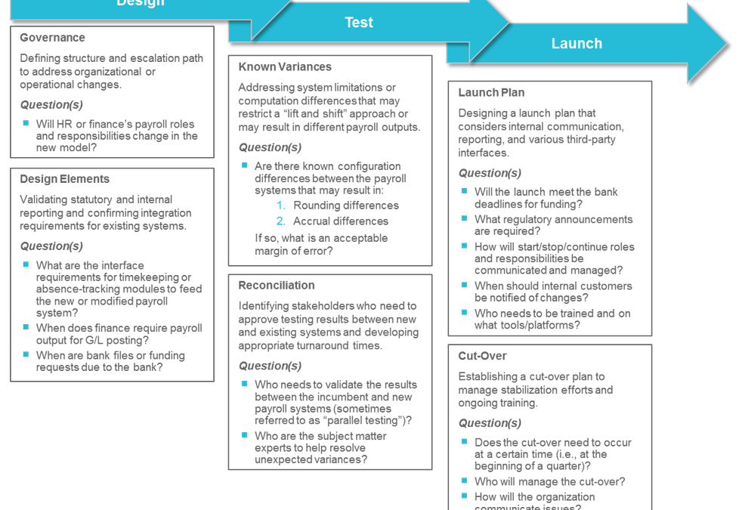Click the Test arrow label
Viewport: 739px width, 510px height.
coord(359,23)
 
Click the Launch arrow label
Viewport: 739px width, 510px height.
coord(577,44)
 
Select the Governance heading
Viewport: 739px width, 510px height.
coord(52,38)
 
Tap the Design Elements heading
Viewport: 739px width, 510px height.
coord(64,179)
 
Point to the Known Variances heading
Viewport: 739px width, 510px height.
coord(285,66)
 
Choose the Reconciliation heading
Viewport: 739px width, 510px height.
coord(277,286)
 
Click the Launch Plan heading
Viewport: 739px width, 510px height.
coord(491,93)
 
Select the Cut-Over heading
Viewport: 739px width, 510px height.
coord(482,356)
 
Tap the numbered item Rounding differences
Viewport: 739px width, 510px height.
coord(346,206)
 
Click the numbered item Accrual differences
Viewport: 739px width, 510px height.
coord(341,221)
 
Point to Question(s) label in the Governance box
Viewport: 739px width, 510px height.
coord(51,105)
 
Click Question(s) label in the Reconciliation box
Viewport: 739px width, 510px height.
coord(270,366)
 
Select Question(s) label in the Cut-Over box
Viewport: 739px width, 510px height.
coord(489,423)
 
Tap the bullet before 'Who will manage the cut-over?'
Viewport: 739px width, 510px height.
coord(465,481)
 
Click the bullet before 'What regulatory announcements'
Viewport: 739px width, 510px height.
coord(465,218)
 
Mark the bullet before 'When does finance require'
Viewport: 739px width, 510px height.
coord(26,327)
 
